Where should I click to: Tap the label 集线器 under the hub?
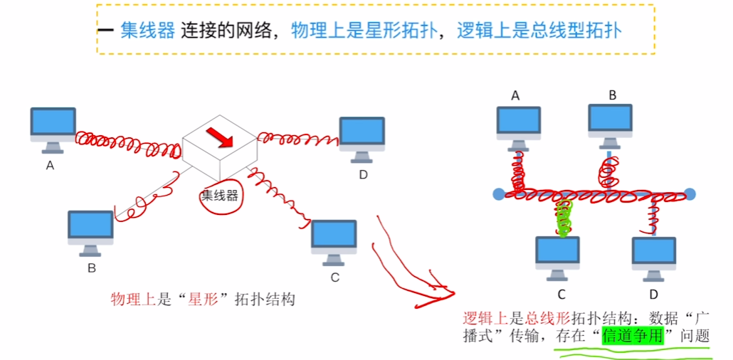[219, 195]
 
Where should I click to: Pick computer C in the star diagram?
[334, 240]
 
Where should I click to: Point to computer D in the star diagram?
[362, 136]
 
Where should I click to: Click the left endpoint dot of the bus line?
[498, 194]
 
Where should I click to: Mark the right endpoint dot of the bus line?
[690, 194]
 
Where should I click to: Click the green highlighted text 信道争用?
[632, 335]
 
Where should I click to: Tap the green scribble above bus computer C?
[564, 217]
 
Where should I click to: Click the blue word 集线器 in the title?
[147, 31]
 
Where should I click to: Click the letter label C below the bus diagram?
[561, 294]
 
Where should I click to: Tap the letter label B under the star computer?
[91, 268]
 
